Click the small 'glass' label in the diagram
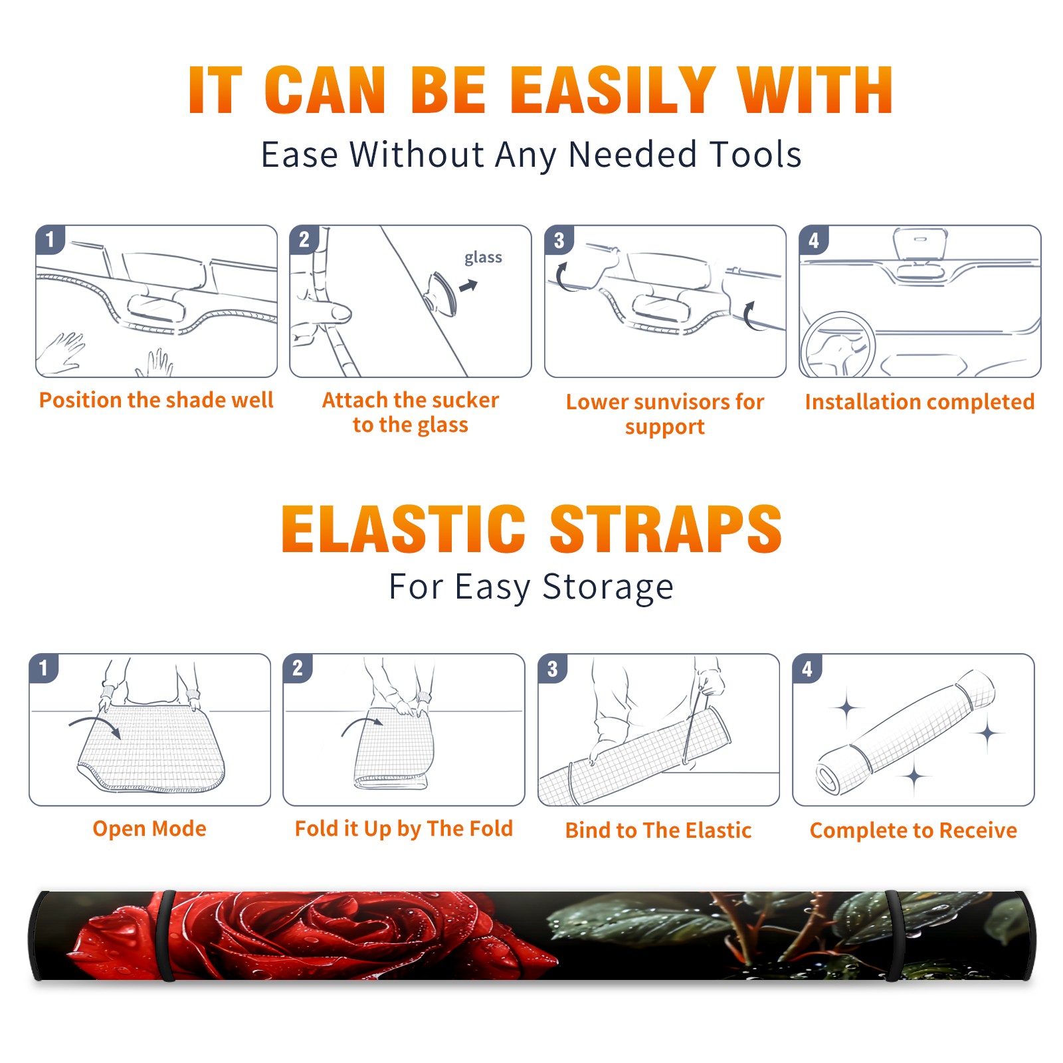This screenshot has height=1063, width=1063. [x=483, y=258]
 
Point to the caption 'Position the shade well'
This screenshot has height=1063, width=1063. [x=156, y=400]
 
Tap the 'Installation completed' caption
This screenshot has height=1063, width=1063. [x=919, y=402]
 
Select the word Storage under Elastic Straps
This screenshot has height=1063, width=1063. [x=608, y=587]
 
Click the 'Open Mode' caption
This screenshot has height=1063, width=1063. [x=149, y=828]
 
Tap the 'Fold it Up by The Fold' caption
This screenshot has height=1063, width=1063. [x=404, y=829]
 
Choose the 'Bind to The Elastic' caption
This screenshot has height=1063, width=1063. [x=658, y=830]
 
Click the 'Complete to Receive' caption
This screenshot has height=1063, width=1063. [x=914, y=830]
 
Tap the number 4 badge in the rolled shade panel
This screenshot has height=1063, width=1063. [x=807, y=668]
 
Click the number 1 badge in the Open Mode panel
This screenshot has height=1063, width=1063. [x=44, y=668]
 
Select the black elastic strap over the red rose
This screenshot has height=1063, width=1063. [x=167, y=936]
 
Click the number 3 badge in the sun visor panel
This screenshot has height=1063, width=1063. [x=559, y=241]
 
